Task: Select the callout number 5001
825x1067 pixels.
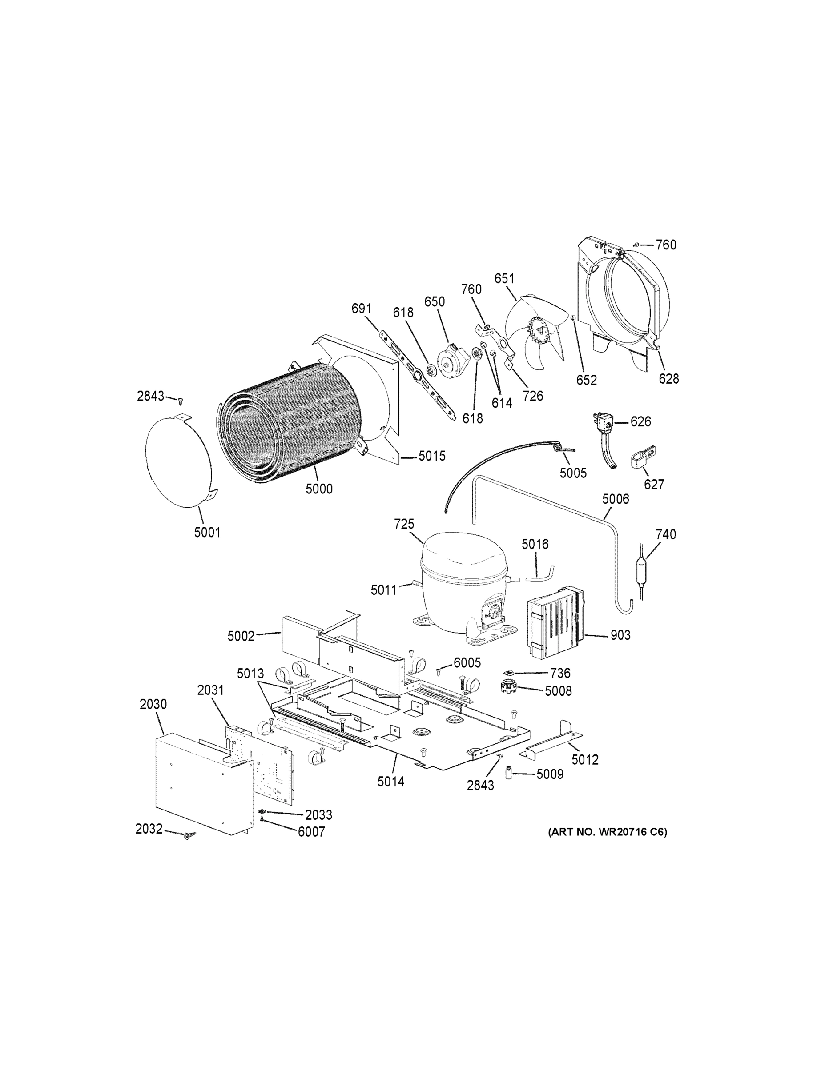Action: tap(207, 533)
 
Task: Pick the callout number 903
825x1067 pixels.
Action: tap(620, 635)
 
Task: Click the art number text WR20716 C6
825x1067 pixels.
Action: tap(608, 832)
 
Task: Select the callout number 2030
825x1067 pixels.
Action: tap(153, 704)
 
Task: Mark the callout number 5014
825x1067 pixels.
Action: tap(390, 782)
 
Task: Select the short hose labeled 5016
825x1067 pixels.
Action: tap(540, 573)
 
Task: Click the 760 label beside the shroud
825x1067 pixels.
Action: tap(666, 245)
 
